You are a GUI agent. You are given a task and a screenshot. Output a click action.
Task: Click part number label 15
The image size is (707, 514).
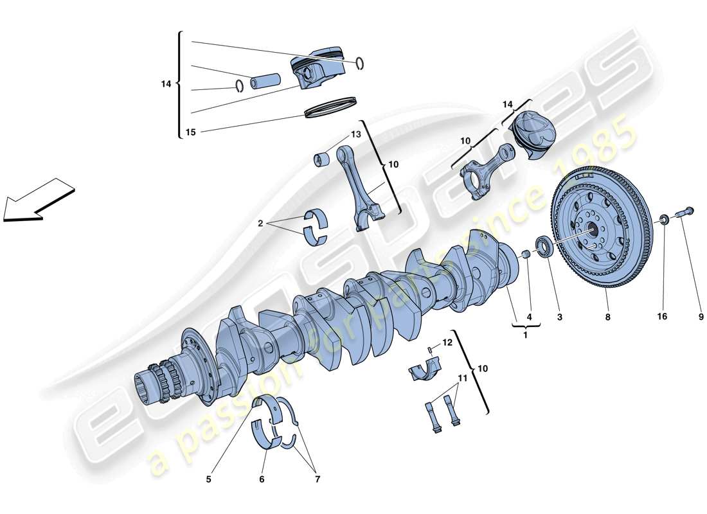(x=190, y=133)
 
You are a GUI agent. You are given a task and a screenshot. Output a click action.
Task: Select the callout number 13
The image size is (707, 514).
(x=355, y=135)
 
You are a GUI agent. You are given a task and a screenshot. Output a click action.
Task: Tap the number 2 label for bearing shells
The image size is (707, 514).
(x=261, y=224)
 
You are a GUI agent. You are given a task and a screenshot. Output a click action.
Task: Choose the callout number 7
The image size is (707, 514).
(x=317, y=479)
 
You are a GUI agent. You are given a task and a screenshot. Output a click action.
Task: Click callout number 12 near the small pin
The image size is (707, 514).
(x=448, y=343)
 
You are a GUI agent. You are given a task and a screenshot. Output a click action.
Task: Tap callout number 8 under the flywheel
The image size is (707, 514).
(x=607, y=317)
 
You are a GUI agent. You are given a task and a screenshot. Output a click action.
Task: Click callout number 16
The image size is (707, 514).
(x=662, y=317)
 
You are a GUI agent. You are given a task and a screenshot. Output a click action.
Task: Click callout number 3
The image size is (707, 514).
(x=559, y=317)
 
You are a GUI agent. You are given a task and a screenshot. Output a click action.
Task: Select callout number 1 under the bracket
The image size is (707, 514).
(x=526, y=335)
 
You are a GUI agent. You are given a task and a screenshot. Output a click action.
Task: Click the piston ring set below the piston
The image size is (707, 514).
(x=330, y=107)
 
